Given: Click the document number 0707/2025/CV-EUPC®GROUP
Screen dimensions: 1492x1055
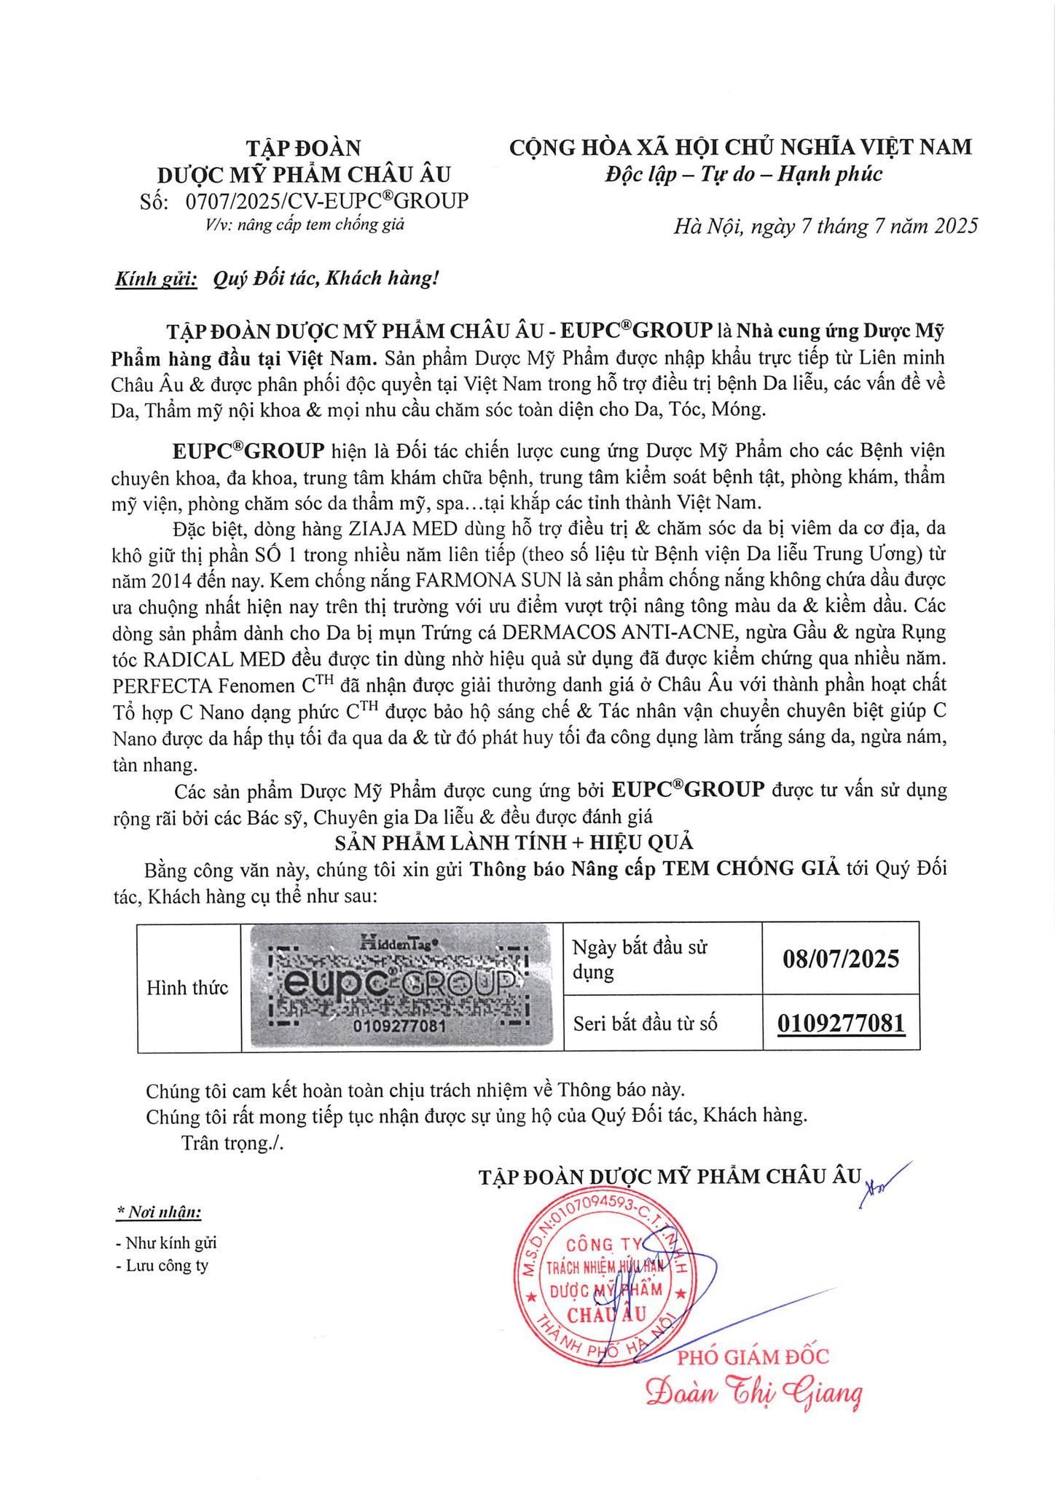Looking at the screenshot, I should [x=327, y=200].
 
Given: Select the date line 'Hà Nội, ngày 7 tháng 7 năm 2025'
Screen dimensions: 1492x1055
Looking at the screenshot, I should [x=825, y=227].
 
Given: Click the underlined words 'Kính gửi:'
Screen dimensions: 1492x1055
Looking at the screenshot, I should [x=157, y=278].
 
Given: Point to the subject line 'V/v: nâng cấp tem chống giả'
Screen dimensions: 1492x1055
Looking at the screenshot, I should [x=305, y=224].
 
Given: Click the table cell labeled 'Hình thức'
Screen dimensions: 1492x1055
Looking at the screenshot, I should [x=188, y=988].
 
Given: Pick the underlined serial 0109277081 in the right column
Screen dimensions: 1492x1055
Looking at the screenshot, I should [x=841, y=1023].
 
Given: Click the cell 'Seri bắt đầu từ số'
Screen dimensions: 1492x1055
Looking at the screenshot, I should [x=645, y=1024].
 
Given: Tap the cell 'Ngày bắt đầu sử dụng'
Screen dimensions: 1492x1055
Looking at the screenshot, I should [x=640, y=959].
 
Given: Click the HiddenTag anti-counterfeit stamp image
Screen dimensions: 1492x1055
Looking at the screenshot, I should [x=403, y=987].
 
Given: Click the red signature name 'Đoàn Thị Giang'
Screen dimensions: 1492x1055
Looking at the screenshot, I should [x=754, y=1394].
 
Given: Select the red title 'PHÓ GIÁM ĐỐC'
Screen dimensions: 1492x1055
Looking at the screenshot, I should [x=753, y=1356].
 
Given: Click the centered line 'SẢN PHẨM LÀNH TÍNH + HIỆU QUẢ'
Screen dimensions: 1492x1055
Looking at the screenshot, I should [x=514, y=843].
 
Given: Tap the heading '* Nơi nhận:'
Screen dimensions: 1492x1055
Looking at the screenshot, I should [x=159, y=1212].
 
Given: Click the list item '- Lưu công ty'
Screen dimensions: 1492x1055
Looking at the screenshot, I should [x=162, y=1265].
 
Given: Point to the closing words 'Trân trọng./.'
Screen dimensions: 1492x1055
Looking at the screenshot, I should [x=232, y=1142].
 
